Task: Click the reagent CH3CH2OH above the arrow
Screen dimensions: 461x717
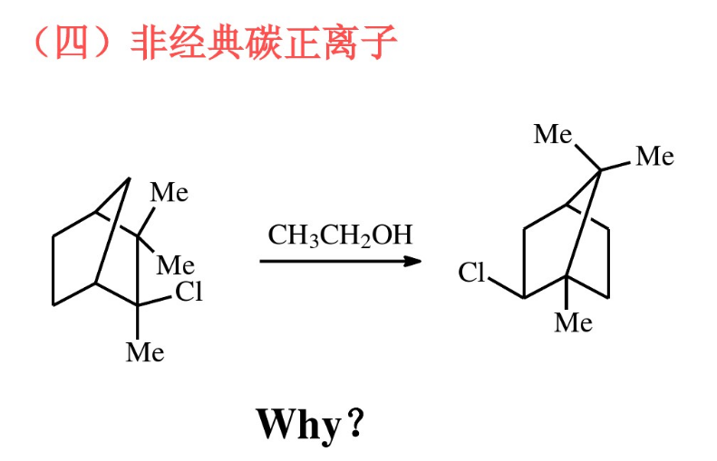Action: [x=340, y=235]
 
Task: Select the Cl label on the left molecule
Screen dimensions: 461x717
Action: [x=189, y=293]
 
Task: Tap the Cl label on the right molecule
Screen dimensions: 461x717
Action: [x=472, y=273]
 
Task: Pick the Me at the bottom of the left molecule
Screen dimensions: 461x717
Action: [x=145, y=351]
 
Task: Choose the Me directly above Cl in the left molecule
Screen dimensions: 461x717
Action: [x=175, y=265]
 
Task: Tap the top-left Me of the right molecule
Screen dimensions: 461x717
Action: [x=554, y=135]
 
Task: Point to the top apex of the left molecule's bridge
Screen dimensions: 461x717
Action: [x=129, y=178]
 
